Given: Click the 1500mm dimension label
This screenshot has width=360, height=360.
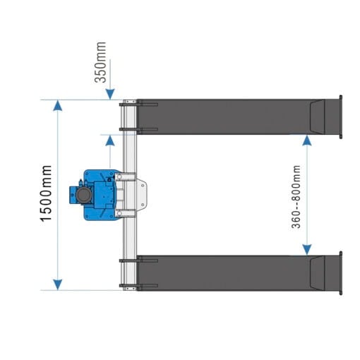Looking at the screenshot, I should click(x=46, y=193).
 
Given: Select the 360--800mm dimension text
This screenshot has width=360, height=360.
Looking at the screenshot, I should click(x=296, y=196).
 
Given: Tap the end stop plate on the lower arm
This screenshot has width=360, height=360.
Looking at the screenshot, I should click(x=340, y=272).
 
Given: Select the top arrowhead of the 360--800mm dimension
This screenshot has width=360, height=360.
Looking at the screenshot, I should click(x=306, y=140).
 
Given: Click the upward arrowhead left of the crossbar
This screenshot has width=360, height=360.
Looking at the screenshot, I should click(x=109, y=140).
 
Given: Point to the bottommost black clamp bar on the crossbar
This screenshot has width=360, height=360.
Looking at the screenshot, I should click(x=129, y=287).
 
